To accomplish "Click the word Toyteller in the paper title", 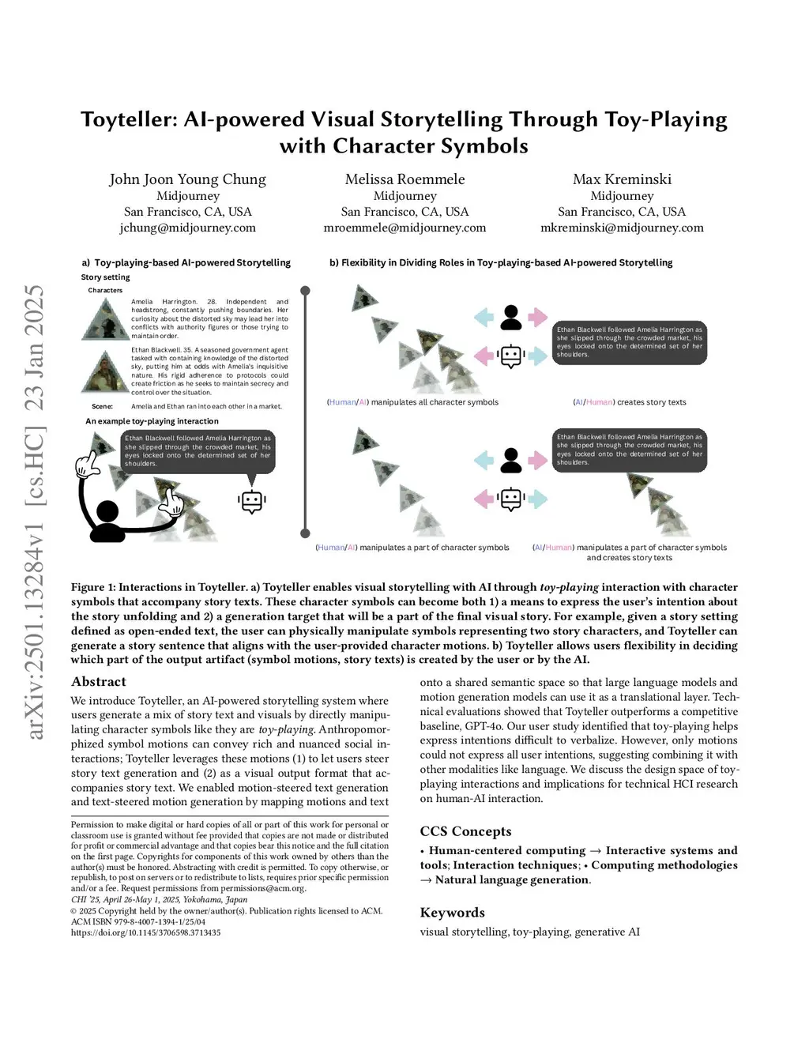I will tap(128, 120).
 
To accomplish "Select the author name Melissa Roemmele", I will tap(404, 179).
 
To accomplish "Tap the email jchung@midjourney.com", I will tap(187, 228).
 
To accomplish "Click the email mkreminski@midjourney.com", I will tap(622, 228).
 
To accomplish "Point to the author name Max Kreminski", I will tap(622, 179).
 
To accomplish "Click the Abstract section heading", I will tap(99, 681).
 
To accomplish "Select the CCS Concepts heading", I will tap(465, 831).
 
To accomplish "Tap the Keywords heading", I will tap(452, 913).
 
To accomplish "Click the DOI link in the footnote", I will tap(145, 932).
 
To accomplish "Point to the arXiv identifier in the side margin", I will tap(35, 514).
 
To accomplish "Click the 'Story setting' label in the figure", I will tap(105, 277).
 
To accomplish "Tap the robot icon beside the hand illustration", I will tap(251, 501).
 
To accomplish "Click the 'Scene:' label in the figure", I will tap(102, 406).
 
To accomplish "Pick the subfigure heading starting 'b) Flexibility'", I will tap(501, 262).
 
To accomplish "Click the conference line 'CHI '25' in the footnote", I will tap(159, 899).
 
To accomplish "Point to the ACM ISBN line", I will tap(138, 921).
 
